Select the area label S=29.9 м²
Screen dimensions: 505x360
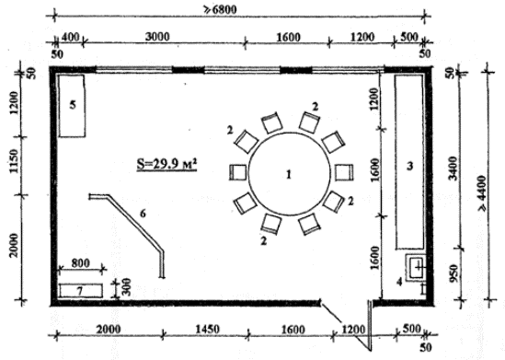point(166,164)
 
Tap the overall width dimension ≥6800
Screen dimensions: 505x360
point(220,9)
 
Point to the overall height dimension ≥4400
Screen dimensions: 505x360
point(482,193)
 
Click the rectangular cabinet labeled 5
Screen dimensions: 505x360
point(72,106)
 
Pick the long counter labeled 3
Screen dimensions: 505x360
point(409,161)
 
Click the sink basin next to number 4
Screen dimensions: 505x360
point(416,268)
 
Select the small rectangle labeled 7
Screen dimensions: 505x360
point(81,291)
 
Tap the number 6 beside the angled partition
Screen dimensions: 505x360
point(143,214)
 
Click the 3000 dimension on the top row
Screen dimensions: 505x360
point(157,37)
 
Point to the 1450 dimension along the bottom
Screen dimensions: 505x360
point(208,330)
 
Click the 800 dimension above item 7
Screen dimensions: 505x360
point(81,263)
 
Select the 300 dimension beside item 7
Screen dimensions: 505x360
point(126,287)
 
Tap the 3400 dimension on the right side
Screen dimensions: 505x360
point(453,168)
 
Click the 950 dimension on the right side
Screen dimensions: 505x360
point(453,273)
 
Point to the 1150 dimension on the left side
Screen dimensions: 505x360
point(14,161)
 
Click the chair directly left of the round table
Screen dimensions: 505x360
point(238,172)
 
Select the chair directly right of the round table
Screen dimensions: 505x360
point(344,172)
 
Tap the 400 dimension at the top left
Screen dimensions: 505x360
point(70,38)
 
